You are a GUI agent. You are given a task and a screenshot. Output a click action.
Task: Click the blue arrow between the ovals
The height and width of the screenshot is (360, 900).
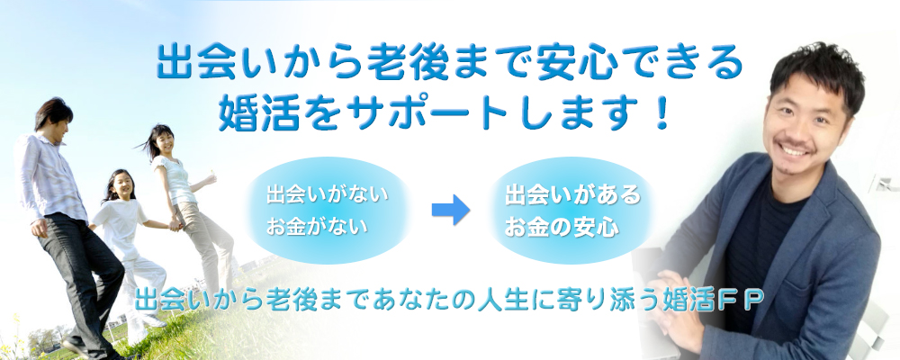point(451,210)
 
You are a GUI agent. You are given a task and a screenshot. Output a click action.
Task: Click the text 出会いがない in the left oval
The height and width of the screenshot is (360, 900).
point(327,194)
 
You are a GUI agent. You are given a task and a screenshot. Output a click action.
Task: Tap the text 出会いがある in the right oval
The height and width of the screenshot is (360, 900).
point(572,194)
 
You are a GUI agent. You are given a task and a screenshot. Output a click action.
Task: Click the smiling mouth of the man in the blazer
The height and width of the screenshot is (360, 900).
point(793,150)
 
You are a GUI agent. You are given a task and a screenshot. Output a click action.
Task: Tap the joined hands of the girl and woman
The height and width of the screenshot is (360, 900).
point(175,224)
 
